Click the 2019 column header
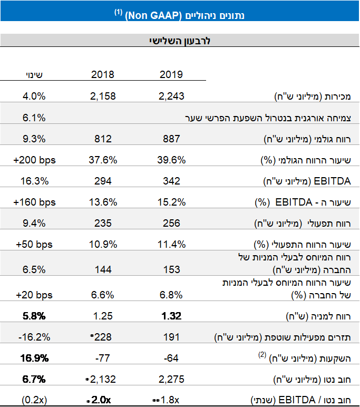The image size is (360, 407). coord(171,74)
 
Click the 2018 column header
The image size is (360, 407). coord(103,74)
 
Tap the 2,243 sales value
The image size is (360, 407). coord(171,96)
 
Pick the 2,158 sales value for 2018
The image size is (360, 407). coord(103,96)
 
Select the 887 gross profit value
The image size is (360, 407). coord(171,139)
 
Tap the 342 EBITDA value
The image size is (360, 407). coord(171,181)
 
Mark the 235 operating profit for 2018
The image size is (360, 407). coord(103,223)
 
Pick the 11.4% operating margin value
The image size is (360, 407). coord(171,244)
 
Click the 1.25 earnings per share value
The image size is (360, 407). coord(103,316)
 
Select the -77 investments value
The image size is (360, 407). coord(103,358)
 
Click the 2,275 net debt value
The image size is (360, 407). coord(171,379)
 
